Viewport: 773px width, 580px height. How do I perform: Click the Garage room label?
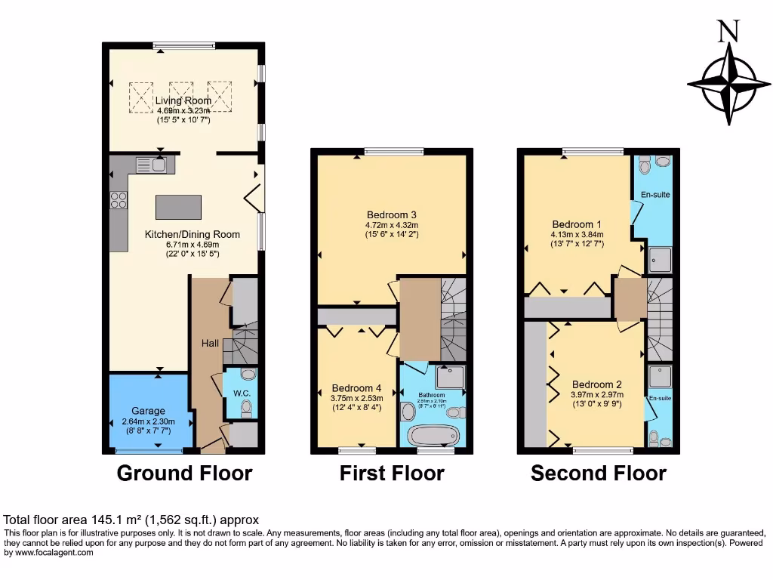pyautogui.click(x=148, y=411)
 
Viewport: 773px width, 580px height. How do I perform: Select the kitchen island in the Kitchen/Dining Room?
pyautogui.click(x=179, y=206)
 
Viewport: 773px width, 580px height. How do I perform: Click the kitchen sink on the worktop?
pyautogui.click(x=159, y=162)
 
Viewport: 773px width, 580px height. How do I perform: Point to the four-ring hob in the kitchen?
pyautogui.click(x=119, y=199)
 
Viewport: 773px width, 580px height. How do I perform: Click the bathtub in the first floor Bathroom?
pyautogui.click(x=433, y=436)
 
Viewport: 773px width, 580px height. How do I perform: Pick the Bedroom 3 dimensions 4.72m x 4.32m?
pyautogui.click(x=392, y=224)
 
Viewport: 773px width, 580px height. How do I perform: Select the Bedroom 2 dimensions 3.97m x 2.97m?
pyautogui.click(x=596, y=394)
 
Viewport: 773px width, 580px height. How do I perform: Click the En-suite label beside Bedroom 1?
pyautogui.click(x=656, y=195)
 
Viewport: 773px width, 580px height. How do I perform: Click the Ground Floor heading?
pyautogui.click(x=184, y=474)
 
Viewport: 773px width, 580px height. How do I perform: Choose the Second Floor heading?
pyautogui.click(x=599, y=474)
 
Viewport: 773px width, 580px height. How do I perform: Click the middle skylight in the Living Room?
pyautogui.click(x=180, y=96)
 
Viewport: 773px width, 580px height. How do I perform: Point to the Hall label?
pyautogui.click(x=210, y=344)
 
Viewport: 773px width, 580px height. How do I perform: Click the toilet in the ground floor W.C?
pyautogui.click(x=246, y=409)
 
